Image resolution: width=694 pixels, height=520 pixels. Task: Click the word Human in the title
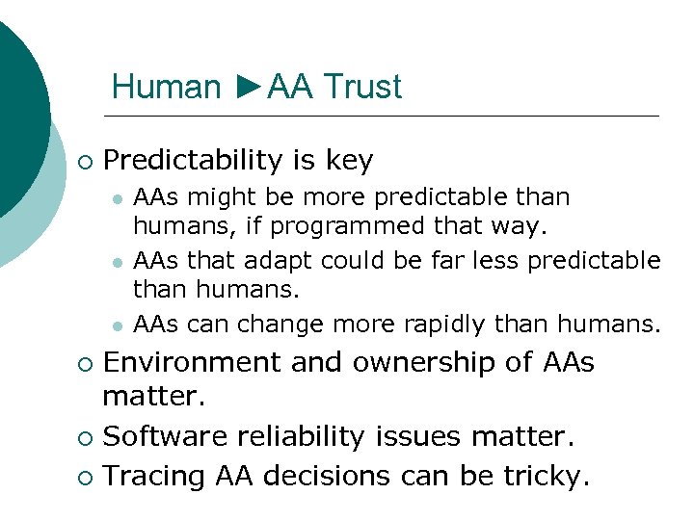coord(166,87)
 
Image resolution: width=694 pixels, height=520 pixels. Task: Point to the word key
coord(349,160)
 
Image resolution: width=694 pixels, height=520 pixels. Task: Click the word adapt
coord(280,260)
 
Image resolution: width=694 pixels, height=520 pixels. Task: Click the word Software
coord(158,436)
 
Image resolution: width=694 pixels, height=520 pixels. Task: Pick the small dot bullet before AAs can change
coord(116,325)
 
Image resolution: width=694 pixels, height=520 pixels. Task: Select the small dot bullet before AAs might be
coord(116,198)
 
